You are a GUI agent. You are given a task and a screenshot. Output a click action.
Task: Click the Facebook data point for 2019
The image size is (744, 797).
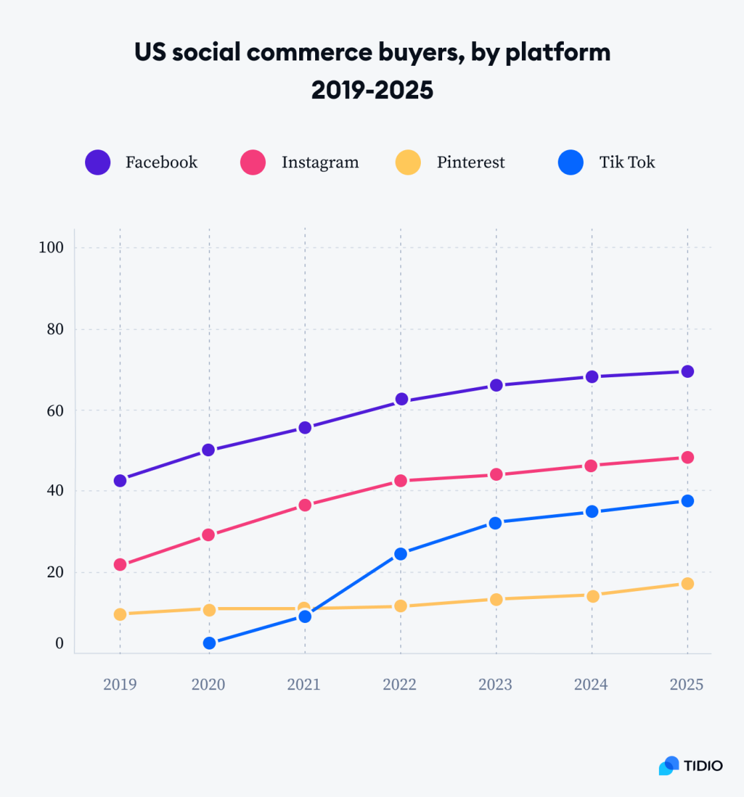coord(120,480)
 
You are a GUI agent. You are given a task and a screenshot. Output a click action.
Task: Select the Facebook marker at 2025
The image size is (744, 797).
coord(687,371)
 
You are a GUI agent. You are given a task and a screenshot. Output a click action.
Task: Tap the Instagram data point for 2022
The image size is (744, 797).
coord(400,480)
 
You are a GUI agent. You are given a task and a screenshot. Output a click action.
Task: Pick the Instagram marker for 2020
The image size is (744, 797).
coord(209,535)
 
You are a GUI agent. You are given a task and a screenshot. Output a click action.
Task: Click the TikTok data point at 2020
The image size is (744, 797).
coord(209,643)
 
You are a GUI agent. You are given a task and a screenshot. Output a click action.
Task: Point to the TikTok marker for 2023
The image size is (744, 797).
coord(495,523)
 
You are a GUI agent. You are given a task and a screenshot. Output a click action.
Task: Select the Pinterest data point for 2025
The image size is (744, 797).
coord(687,583)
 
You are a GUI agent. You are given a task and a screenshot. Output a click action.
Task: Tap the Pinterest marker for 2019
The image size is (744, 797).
coord(120,614)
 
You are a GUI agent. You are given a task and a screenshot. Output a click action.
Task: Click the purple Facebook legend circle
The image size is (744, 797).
coord(98,163)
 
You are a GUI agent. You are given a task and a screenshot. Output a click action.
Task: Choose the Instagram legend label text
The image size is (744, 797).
coord(320,163)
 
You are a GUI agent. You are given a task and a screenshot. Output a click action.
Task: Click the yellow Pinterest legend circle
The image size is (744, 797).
coord(408,163)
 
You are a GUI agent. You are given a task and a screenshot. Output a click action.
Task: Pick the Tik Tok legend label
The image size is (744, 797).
coord(627,163)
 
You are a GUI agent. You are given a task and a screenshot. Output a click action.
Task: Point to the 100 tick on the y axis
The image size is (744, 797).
coord(51,248)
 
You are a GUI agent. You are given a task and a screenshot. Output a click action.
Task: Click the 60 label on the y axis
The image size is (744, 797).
coord(55,410)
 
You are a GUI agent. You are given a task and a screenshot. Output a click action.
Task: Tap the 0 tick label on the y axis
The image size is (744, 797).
coord(59,644)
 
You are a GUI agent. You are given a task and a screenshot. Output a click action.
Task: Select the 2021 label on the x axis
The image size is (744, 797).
coord(304,685)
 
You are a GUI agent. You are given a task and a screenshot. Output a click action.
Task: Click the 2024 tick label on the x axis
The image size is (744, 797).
coord(591,685)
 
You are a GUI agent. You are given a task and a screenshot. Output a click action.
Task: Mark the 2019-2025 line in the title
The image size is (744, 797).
coord(372,90)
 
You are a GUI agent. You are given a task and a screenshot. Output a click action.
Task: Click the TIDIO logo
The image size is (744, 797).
coord(691,766)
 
